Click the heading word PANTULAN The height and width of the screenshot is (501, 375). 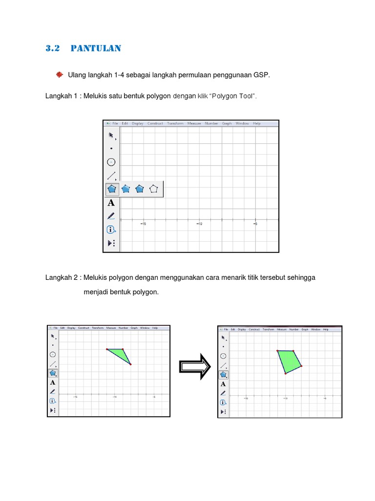pos(96,48)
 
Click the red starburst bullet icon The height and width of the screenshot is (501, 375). pos(59,74)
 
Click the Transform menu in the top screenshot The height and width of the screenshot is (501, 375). pos(175,124)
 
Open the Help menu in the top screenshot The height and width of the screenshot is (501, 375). pos(256,124)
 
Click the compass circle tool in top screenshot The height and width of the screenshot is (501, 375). pos(111,162)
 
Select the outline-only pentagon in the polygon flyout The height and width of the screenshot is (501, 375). pos(154,189)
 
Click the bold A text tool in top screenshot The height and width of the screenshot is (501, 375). pos(111,203)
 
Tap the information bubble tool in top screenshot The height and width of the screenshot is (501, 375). pos(111,229)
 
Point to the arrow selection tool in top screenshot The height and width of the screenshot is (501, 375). pos(111,135)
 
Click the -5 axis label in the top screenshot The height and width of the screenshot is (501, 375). pos(255,224)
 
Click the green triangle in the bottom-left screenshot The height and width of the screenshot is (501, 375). pos(120,354)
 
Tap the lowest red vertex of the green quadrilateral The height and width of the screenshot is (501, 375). pos(286,373)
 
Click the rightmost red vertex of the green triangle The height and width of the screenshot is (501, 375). pos(130,364)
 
